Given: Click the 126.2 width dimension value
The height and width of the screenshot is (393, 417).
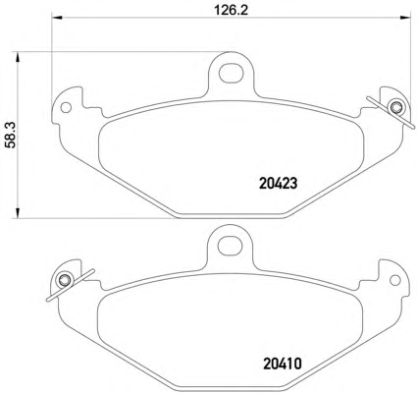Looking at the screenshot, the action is pyautogui.click(x=232, y=11).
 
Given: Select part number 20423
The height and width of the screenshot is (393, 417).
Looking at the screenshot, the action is pyautogui.click(x=279, y=184).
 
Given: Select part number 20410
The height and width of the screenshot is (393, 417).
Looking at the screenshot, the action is pyautogui.click(x=282, y=364).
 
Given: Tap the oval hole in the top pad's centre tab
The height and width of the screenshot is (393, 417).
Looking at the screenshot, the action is pyautogui.click(x=232, y=72).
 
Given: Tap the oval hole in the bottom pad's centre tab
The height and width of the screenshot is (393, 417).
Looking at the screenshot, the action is pyautogui.click(x=231, y=246).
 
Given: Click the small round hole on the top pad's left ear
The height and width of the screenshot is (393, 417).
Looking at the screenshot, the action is pyautogui.click(x=67, y=107).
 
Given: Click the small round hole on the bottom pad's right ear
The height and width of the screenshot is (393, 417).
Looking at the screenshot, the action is pyautogui.click(x=395, y=280).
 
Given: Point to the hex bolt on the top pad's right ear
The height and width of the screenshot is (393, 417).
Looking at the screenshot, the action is pyautogui.click(x=395, y=107).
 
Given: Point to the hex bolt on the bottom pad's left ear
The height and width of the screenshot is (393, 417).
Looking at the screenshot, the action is pyautogui.click(x=64, y=280).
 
